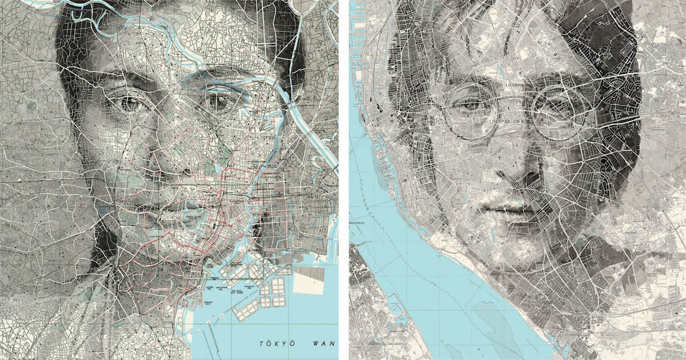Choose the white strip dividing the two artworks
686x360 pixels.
[x=344, y=180]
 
